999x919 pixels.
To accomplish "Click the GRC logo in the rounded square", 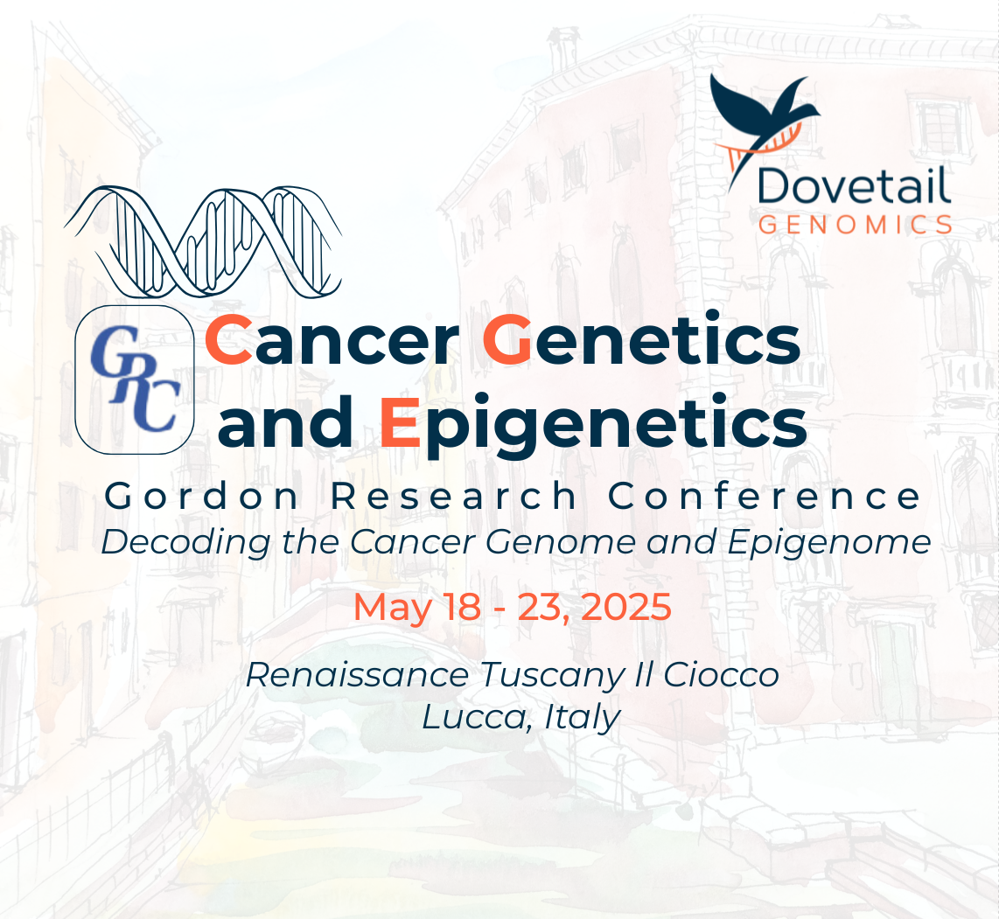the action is click(x=135, y=379).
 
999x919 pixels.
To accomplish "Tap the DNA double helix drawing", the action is click(x=203, y=242).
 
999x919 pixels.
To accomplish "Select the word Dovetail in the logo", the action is click(x=854, y=186).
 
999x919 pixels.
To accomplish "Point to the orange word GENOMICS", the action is click(x=855, y=225).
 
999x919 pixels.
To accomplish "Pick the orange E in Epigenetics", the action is click(x=400, y=422).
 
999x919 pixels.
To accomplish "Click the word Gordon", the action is click(x=202, y=496).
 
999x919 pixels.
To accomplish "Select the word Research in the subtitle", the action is click(x=454, y=496).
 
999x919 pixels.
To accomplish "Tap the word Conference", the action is click(x=765, y=496).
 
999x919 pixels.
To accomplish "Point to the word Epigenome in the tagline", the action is click(x=829, y=544).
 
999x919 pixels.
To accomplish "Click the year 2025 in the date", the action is click(x=626, y=606).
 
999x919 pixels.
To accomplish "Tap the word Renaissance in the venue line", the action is click(x=358, y=675).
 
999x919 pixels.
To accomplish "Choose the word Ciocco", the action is click(x=721, y=675).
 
